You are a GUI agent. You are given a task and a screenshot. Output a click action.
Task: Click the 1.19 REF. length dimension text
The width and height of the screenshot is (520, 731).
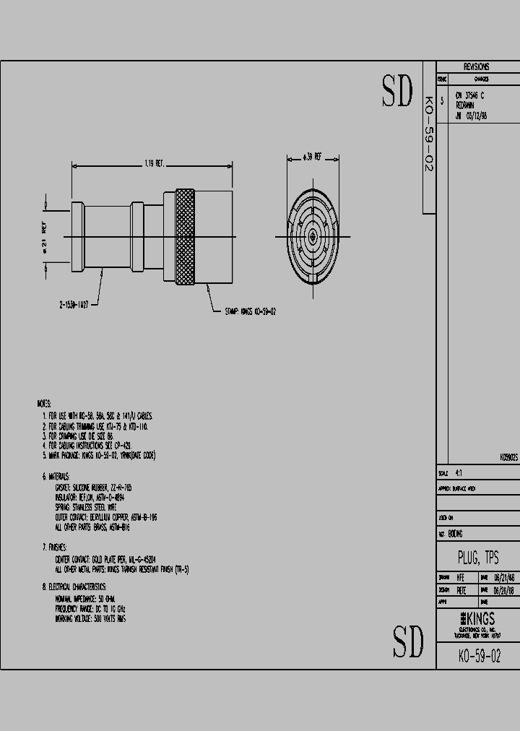coord(155,164)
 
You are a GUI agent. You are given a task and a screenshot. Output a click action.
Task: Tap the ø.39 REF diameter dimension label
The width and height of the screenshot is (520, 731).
coord(313,156)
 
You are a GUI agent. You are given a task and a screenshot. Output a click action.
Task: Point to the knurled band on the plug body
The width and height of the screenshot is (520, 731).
coord(185,237)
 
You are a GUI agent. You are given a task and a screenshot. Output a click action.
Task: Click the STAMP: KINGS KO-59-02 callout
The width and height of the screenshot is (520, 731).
coord(251,311)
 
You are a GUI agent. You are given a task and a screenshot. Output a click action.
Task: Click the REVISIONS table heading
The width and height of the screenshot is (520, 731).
coord(477,66)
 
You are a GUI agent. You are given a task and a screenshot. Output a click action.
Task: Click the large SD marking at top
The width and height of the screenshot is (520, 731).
coord(397,90)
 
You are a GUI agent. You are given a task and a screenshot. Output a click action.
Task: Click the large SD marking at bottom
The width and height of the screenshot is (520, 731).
coord(408,640)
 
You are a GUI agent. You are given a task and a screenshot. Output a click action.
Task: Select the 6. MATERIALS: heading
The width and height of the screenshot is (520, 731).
coord(56,477)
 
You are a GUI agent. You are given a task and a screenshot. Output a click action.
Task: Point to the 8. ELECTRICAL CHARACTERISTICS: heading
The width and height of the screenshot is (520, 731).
coord(74,587)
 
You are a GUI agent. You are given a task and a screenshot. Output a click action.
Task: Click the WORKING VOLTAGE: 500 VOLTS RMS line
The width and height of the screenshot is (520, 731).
coord(90,619)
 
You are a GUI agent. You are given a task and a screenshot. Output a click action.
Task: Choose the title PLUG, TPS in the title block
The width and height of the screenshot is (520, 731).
coord(477,558)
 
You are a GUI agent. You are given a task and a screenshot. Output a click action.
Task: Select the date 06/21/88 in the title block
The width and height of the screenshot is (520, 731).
coord(503,578)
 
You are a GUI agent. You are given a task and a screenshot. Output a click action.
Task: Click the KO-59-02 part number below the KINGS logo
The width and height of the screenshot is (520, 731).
coord(479,656)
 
